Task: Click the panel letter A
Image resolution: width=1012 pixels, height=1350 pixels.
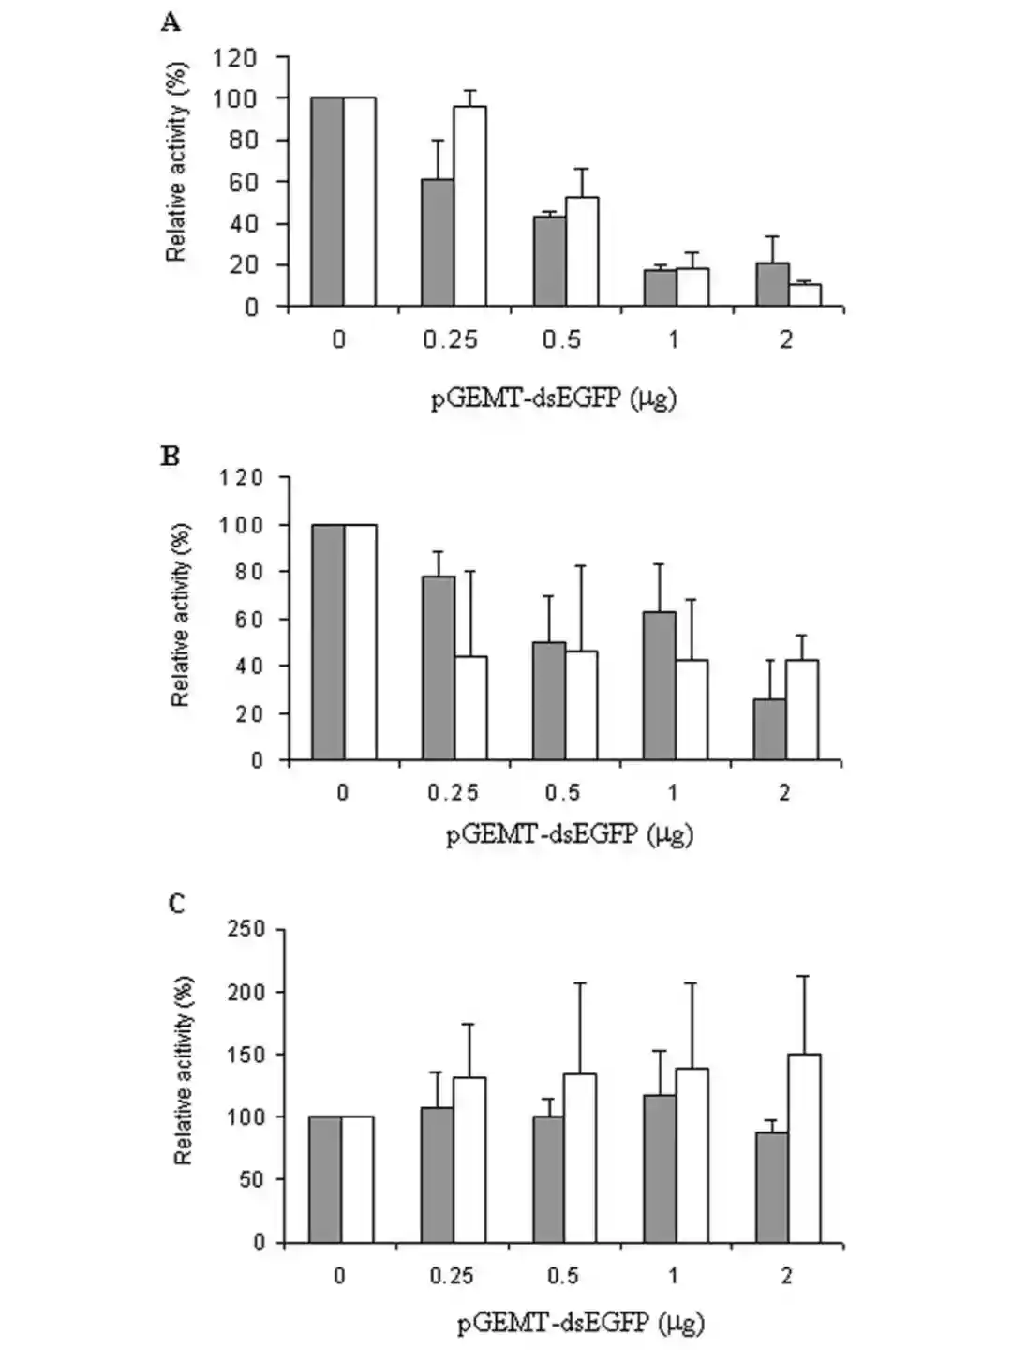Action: [x=170, y=22]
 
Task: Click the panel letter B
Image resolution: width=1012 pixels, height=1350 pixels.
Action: [x=170, y=457]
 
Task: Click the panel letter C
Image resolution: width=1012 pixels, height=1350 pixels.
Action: [x=176, y=904]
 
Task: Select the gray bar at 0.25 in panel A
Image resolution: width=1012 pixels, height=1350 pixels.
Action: [x=438, y=243]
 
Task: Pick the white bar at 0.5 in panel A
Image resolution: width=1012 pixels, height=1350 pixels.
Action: [x=582, y=251]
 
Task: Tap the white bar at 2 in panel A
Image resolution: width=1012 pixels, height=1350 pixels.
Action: [x=805, y=294]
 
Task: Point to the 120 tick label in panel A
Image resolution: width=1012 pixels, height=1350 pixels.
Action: [x=234, y=58]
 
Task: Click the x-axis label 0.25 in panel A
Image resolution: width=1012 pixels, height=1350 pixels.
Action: [x=450, y=339]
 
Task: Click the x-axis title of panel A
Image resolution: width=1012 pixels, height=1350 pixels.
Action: [x=554, y=398]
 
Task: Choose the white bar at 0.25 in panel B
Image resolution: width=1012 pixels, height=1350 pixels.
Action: [x=470, y=708]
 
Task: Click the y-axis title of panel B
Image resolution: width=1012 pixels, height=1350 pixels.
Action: [x=181, y=614]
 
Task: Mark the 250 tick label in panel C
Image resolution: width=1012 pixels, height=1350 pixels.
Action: [x=246, y=930]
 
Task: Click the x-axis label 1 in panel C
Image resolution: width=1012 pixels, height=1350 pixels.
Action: [x=674, y=1276]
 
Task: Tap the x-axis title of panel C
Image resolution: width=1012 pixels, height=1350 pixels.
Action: [x=581, y=1323]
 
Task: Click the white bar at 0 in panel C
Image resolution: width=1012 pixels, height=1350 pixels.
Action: [x=357, y=1178]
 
